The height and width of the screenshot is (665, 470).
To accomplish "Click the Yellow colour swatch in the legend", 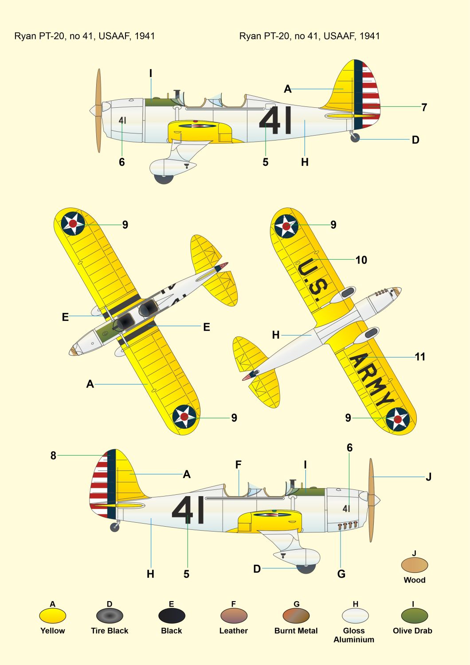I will (52, 616).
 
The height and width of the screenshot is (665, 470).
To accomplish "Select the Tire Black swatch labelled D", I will (110, 616).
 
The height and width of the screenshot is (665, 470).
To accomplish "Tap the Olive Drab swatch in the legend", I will (414, 616).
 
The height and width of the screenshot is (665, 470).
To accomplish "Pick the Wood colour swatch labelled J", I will (414, 565).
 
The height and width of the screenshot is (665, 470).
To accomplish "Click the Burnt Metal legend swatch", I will (296, 616).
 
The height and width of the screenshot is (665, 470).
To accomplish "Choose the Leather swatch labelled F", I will (234, 616).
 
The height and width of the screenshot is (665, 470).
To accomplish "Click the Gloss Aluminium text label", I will (354, 635).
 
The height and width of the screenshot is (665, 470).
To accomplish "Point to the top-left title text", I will (85, 36).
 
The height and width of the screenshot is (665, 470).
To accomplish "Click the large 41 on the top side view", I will (275, 120).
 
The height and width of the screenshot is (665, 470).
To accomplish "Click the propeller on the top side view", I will (98, 111).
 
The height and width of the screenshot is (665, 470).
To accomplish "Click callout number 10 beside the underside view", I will (361, 260).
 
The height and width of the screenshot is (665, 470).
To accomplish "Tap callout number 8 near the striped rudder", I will (53, 455).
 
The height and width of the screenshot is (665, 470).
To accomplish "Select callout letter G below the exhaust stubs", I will (341, 574).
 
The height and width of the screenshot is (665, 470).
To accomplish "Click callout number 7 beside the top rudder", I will (424, 107).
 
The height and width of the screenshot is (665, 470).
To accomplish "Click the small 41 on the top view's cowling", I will (122, 120).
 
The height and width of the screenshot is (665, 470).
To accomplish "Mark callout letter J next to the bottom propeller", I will (428, 477).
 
